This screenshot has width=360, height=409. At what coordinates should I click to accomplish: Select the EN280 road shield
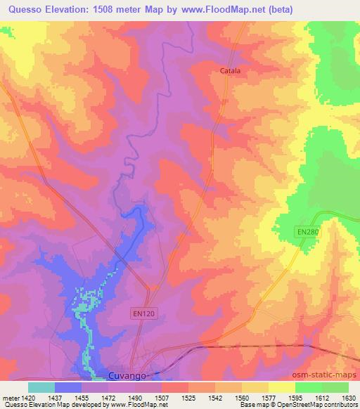[307, 231]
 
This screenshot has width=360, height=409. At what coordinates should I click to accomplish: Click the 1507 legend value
[162, 397]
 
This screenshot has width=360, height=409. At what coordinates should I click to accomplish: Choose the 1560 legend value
[242, 397]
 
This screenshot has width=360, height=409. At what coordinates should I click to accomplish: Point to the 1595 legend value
[295, 397]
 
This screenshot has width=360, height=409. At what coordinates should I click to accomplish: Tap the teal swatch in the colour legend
[41, 387]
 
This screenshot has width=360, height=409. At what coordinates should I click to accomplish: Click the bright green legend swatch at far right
[335, 387]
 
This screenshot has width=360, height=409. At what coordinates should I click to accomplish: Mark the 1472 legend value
[110, 397]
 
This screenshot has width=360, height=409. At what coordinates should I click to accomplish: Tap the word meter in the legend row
[11, 397]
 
